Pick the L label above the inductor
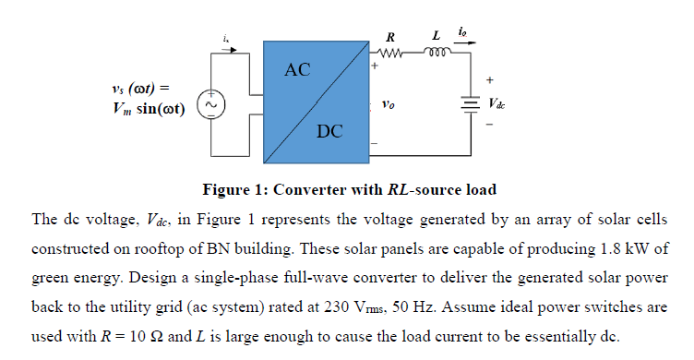[436, 37]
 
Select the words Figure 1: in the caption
[234, 190]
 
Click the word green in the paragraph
[51, 278]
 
